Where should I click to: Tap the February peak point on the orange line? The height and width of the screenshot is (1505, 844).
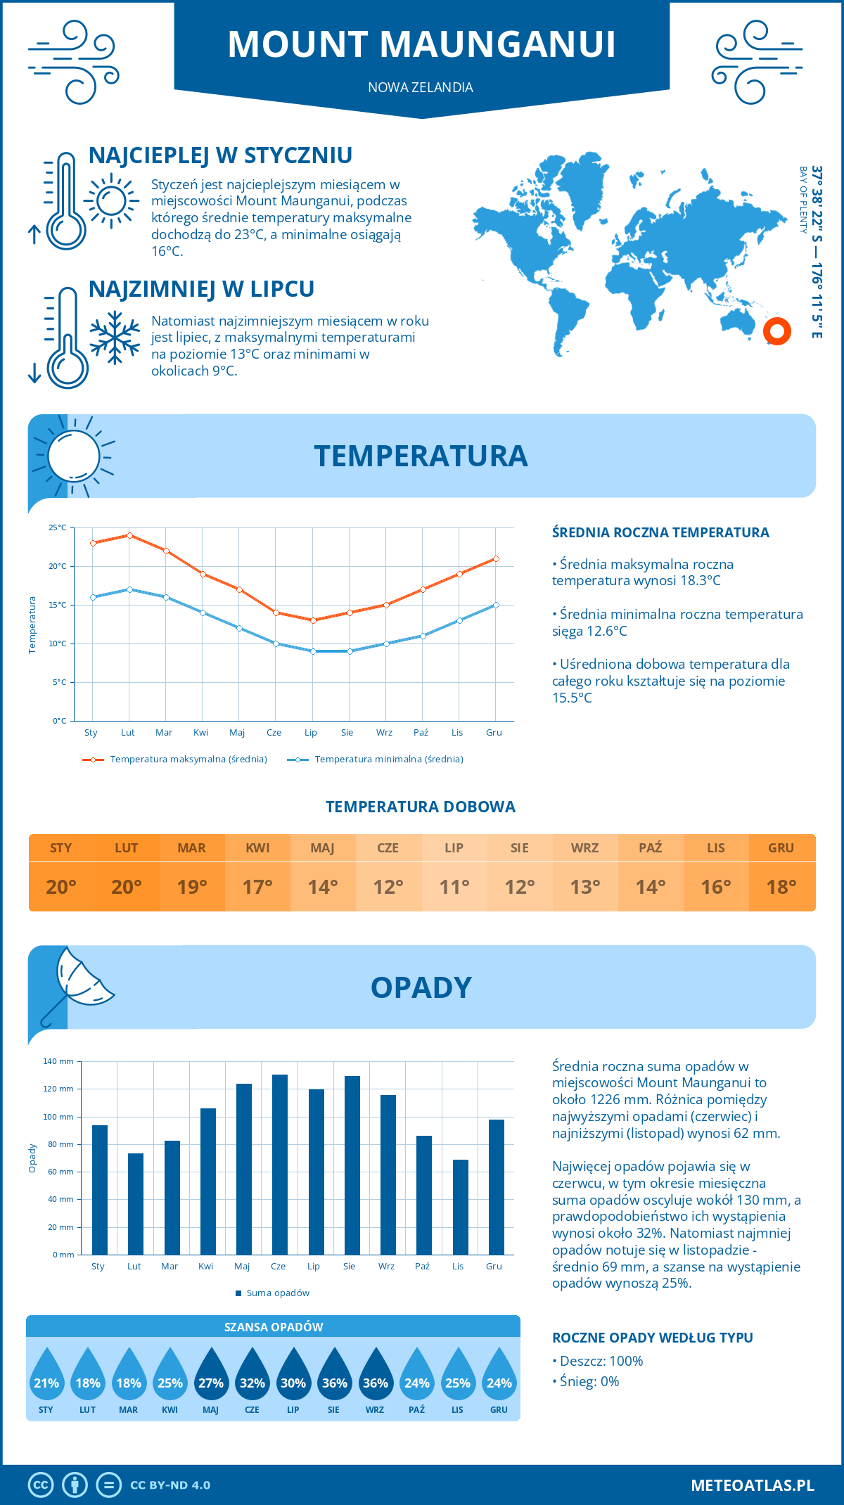[129, 535]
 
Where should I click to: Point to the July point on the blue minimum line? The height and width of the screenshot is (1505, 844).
[313, 651]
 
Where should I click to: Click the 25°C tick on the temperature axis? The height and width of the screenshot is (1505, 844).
[58, 527]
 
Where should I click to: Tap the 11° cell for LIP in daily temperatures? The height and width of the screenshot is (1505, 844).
[454, 887]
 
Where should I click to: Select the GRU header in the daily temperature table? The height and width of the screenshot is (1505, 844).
[781, 848]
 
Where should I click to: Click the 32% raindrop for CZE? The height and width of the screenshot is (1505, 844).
[252, 1376]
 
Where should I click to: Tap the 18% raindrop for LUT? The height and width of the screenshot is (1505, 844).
[88, 1376]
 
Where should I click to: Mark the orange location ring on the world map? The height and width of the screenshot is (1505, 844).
[777, 331]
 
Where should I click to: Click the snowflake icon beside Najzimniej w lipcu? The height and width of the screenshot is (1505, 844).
[115, 338]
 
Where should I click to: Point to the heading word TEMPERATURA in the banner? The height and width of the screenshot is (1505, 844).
[421, 456]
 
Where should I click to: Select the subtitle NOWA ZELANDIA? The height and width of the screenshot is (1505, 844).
[421, 87]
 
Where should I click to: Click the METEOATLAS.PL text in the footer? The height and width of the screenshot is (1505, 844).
[753, 1485]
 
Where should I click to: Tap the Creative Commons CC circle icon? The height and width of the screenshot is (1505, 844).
[41, 1485]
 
